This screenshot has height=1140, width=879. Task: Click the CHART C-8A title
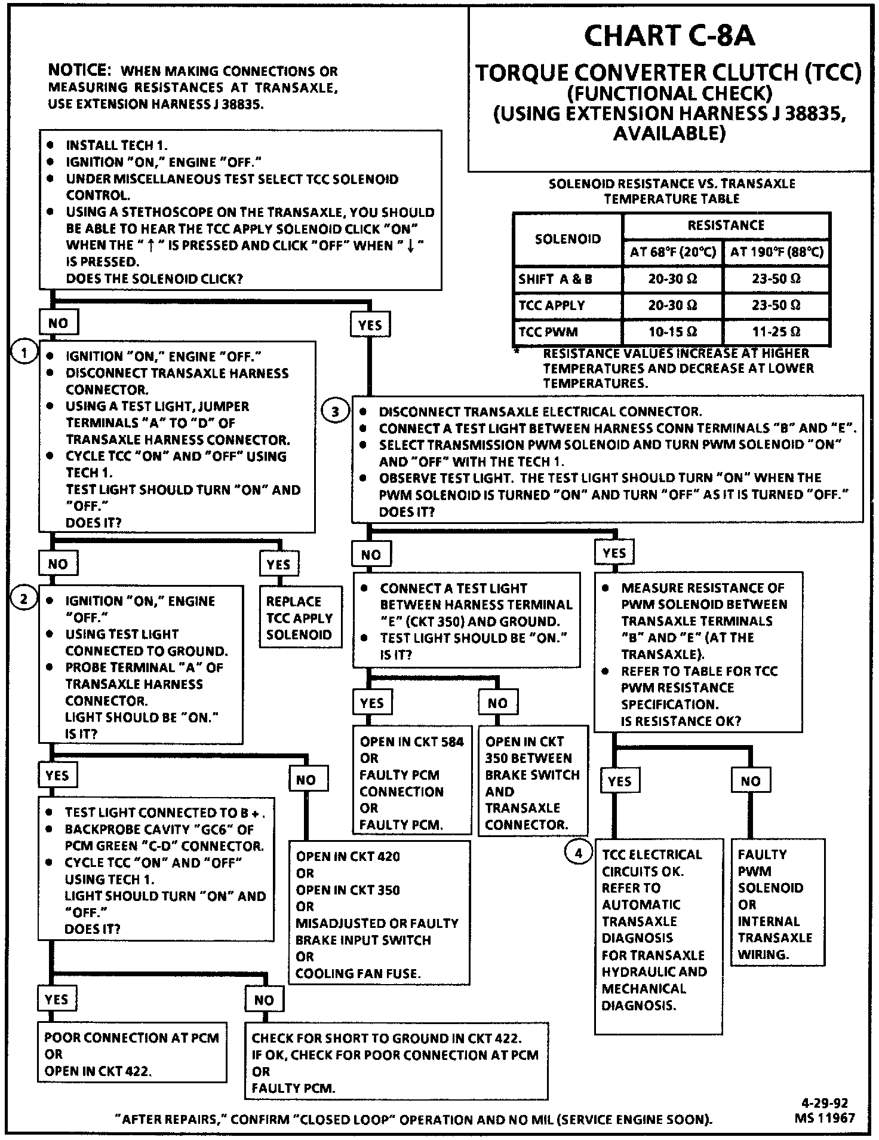[x=669, y=35]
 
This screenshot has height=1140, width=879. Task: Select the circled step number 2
[x=24, y=599]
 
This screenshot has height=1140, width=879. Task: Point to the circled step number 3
[x=336, y=411]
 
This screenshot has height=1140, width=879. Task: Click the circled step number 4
[x=578, y=853]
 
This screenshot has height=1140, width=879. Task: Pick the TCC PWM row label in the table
[x=548, y=332]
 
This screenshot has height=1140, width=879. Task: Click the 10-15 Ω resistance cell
[x=672, y=332]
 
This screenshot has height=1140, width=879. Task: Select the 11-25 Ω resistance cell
[x=776, y=332]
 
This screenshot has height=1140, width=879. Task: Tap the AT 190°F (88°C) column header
[x=776, y=252]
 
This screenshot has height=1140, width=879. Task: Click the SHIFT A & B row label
[x=555, y=279]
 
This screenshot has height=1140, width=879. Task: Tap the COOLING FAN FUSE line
[x=358, y=973]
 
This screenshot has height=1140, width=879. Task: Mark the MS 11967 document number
[x=824, y=1117]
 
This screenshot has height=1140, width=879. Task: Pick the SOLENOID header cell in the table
[x=567, y=239]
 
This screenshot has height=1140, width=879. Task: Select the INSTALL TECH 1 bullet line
[x=116, y=145]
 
